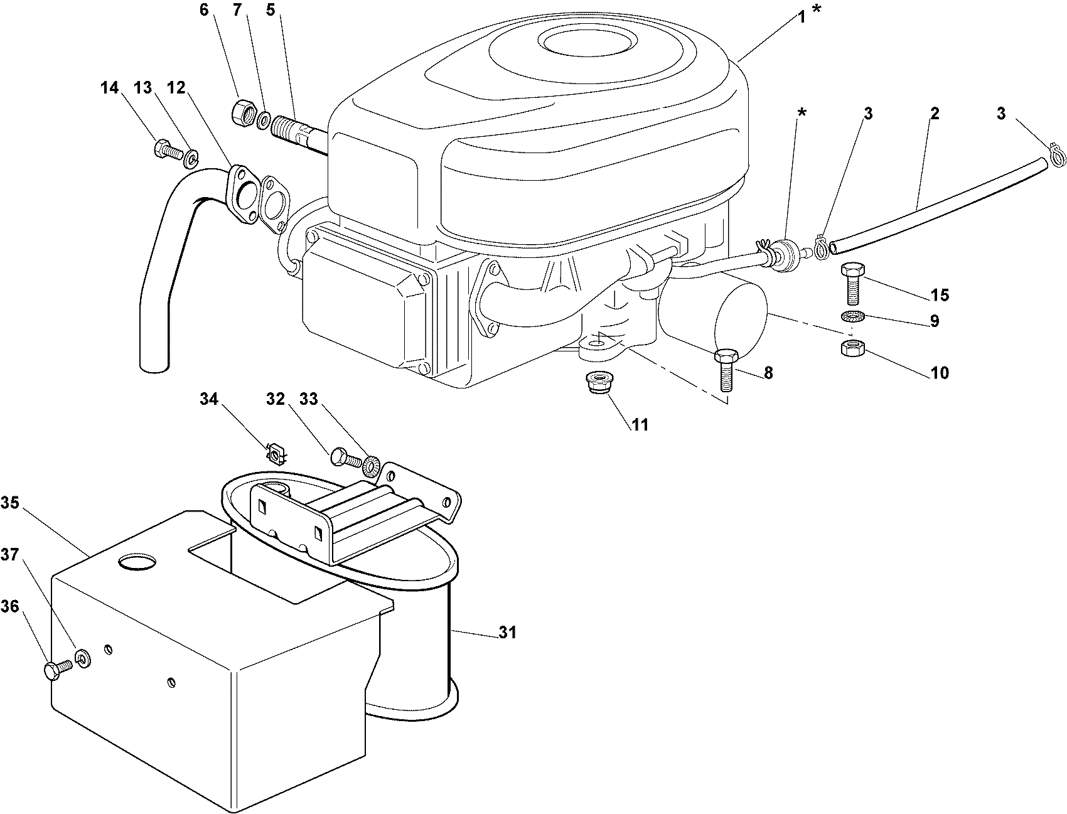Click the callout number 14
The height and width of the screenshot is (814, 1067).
109,88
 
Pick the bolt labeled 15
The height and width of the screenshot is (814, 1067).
852,283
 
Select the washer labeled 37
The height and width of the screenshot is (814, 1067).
82,658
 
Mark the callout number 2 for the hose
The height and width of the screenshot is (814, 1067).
934,114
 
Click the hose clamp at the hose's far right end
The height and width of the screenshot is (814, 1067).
1057,154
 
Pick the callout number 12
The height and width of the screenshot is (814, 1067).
176,88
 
